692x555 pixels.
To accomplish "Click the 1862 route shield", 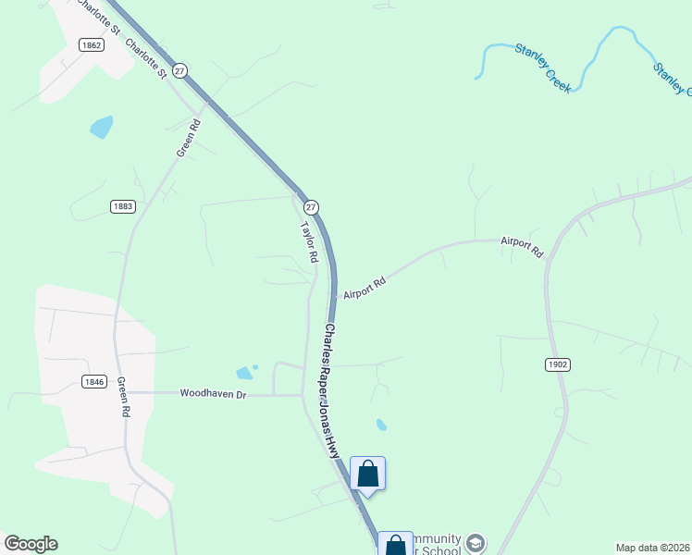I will point(91,45).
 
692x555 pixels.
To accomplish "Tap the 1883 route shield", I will point(122,206).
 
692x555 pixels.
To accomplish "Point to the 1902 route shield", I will point(557,364).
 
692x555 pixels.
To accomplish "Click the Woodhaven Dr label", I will point(214,393).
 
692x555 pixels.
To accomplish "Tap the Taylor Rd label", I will point(308,242).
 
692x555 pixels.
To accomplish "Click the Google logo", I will point(31,544).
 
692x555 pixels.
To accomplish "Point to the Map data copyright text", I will point(651,548).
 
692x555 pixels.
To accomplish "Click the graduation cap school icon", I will point(476,542).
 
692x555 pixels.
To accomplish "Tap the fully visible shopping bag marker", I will point(367,474).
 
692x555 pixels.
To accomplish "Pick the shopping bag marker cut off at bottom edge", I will point(395,544).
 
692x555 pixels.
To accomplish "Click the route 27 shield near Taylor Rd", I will point(312,207).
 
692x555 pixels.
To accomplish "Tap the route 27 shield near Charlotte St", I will point(180,70).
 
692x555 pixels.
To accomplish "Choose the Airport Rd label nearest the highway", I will point(364,287).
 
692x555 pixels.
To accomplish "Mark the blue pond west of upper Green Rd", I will point(101,127).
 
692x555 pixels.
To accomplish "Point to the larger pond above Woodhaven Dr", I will point(243,373).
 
